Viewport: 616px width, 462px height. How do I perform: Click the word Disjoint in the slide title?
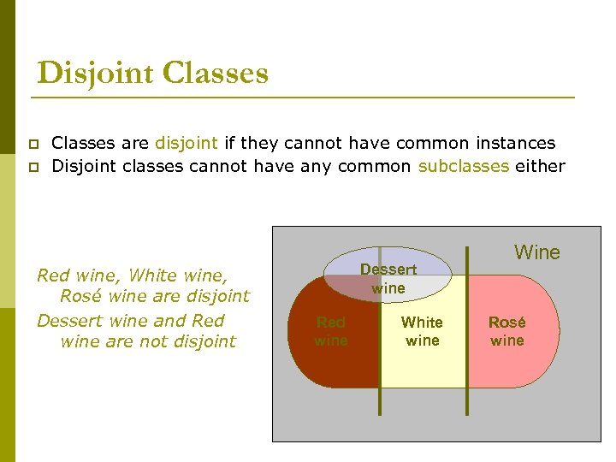click(94, 73)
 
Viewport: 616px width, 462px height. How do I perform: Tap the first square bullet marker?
click(33, 145)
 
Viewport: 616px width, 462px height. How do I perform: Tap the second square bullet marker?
click(33, 167)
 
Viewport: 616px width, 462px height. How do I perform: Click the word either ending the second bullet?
click(540, 166)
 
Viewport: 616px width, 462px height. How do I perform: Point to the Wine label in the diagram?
click(537, 252)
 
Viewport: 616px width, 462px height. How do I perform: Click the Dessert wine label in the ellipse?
click(388, 278)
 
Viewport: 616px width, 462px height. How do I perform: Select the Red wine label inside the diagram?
click(331, 331)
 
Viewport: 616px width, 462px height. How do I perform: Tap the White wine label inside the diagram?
click(422, 331)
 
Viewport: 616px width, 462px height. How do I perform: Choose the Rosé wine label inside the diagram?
click(506, 331)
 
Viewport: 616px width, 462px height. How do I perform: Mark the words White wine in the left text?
click(176, 275)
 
